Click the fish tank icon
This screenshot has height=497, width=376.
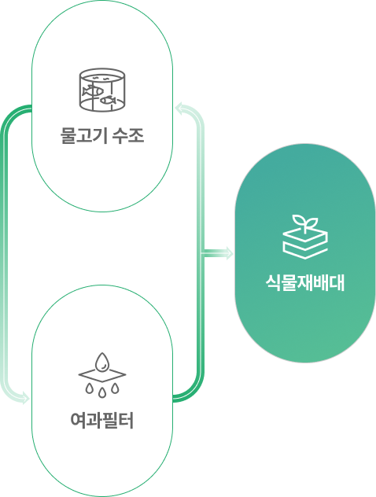pos(101,90)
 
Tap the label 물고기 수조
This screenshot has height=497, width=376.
pos(102,136)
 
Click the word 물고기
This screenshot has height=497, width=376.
pos(83,136)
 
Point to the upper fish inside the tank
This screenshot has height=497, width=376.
pos(93,91)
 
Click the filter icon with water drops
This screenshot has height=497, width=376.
pos(102,375)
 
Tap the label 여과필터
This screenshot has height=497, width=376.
pos(102,420)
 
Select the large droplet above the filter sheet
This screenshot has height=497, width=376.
pos(102,362)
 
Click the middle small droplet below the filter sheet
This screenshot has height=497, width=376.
pos(101,393)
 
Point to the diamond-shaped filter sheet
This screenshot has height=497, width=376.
pos(102,375)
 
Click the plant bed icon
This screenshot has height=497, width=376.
pos(305,237)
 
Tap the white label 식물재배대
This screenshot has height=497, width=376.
pos(305,283)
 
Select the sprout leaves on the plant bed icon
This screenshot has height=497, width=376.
pos(305,222)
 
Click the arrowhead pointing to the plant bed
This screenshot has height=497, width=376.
pos(230,253)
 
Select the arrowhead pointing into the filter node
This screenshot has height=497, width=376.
pos(25,398)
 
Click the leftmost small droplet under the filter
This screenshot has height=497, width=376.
pos(89,388)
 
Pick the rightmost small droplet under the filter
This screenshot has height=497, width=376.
pos(115,388)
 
